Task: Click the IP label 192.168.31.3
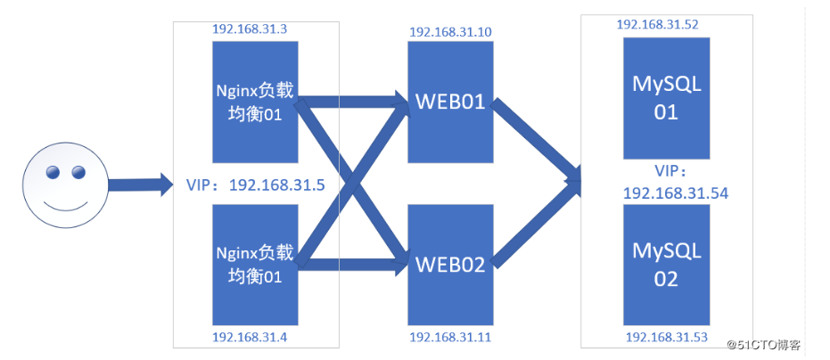coord(249,29)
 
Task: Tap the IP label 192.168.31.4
coord(249,337)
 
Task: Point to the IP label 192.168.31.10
coord(450,32)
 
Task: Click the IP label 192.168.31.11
coord(450,337)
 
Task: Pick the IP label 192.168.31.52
coord(658,24)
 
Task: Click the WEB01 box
coord(450,102)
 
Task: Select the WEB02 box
coord(450,264)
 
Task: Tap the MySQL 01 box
coord(667,97)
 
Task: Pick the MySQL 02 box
coord(667,264)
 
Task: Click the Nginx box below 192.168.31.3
coord(254,101)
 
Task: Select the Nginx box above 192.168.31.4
coord(254,264)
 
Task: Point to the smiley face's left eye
coord(53,171)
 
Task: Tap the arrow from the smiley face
coord(141,185)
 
